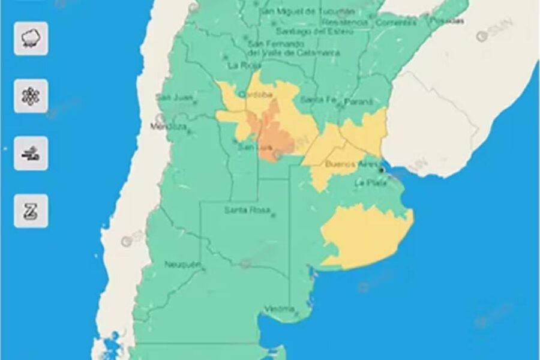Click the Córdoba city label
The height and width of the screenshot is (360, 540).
[x=256, y=95]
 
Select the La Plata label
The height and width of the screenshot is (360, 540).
[x=368, y=182]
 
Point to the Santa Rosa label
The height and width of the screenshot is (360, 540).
[x=245, y=210]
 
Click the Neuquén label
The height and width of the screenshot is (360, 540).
[x=182, y=265]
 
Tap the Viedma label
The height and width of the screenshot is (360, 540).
[x=280, y=309]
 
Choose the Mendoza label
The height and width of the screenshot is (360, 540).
[x=169, y=127]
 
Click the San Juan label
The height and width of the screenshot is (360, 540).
[x=172, y=97]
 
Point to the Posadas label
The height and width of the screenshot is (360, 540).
[x=446, y=20]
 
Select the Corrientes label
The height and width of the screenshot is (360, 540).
[x=396, y=23]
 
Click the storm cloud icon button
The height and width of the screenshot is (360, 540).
[x=31, y=39]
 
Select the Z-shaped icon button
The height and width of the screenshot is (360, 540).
[x=31, y=211]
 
